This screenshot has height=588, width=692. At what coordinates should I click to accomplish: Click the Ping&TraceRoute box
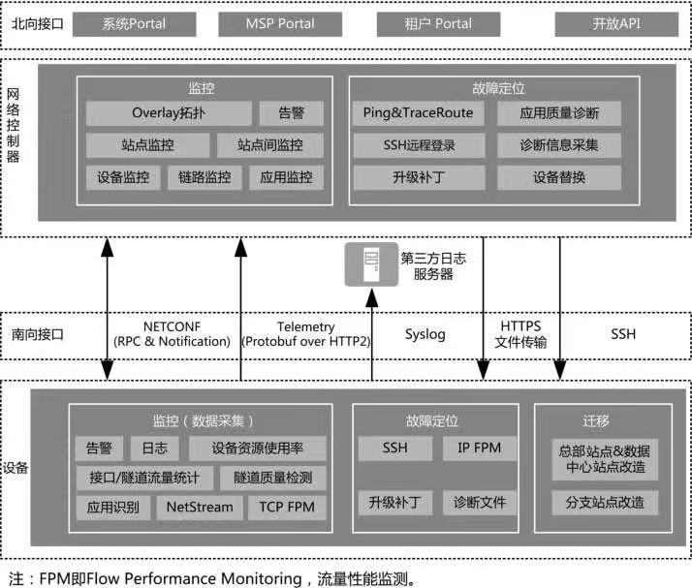point(418,113)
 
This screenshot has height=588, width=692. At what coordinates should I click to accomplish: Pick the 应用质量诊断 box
point(559,113)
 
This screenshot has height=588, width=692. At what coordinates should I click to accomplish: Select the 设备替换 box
point(559,177)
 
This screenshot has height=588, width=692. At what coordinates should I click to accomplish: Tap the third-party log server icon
point(371,264)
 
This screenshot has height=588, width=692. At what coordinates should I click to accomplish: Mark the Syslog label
point(425,334)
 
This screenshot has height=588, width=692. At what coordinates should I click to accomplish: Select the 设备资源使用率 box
point(257,449)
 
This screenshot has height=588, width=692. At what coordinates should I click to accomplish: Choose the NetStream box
point(200,507)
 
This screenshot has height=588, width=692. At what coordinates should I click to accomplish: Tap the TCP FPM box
point(287,507)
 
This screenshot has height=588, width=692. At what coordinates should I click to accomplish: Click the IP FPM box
point(478,449)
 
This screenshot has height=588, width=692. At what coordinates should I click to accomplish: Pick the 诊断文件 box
point(478,504)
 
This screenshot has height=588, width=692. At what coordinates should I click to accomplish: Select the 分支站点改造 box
point(605,504)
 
